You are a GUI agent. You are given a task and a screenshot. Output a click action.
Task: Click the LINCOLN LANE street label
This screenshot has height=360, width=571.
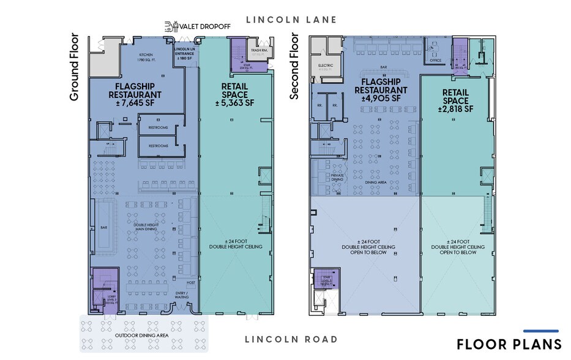[x=291, y=20]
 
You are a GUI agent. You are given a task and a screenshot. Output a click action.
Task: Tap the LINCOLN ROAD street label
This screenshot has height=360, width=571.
[x=291, y=339]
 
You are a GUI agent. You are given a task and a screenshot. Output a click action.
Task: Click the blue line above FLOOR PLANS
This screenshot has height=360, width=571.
[x=541, y=331]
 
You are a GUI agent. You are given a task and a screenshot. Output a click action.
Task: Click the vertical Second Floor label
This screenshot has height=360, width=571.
[x=294, y=67]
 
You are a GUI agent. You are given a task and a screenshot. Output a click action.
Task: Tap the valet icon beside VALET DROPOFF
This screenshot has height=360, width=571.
[x=170, y=26]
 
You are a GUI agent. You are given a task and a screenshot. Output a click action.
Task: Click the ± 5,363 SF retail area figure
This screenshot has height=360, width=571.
[x=234, y=104]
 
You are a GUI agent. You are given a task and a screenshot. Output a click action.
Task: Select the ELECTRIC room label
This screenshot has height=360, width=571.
[x=326, y=64]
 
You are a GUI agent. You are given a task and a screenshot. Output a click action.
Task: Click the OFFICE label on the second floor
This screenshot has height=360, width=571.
[x=436, y=61]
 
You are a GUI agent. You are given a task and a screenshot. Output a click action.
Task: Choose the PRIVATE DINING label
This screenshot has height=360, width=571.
[x=338, y=178]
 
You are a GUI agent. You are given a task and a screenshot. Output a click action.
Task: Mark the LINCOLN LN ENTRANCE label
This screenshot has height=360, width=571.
[x=185, y=53]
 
